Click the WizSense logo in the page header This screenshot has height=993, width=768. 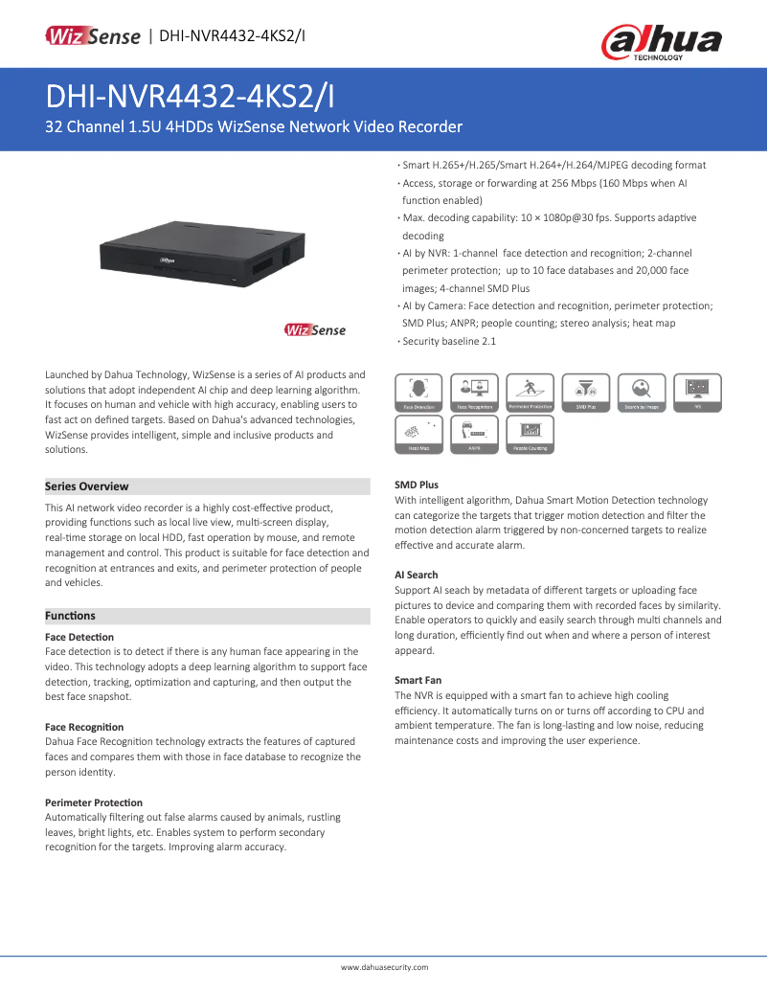pyautogui.click(x=93, y=36)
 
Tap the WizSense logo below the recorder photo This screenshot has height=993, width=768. pyautogui.click(x=314, y=330)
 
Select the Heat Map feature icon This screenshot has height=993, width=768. pyautogui.click(x=418, y=434)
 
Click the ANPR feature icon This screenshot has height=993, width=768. pyautogui.click(x=474, y=434)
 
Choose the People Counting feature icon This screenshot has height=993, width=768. pyautogui.click(x=530, y=434)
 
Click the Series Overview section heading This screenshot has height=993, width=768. pyautogui.click(x=87, y=486)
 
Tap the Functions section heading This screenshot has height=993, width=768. pyautogui.click(x=71, y=616)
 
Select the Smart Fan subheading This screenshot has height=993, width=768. pyautogui.click(x=418, y=680)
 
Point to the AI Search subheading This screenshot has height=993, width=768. pyautogui.click(x=417, y=575)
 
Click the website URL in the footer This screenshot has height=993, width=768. pyautogui.click(x=384, y=967)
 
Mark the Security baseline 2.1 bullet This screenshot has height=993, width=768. pyautogui.click(x=449, y=341)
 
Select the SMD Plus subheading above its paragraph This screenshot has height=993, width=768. pyautogui.click(x=417, y=485)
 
